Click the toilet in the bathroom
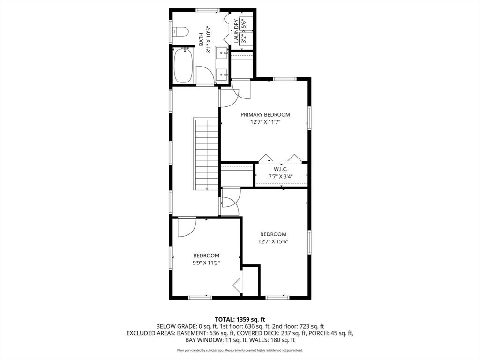pos(180,32)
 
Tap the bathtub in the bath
pos(183,66)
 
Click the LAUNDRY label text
pos(237,31)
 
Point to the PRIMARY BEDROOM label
pos(265,114)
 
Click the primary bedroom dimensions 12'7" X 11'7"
pos(265,122)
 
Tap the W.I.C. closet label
pos(280,169)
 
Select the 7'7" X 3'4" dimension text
pos(280,176)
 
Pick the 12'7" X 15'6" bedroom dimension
pos(273,242)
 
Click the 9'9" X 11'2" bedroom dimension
pos(206,263)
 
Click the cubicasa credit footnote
pos(240,350)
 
